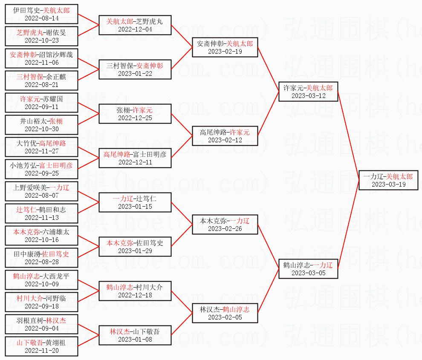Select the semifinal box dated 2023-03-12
click(x=308, y=91)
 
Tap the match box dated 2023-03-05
click(x=308, y=268)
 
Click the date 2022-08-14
click(x=42, y=18)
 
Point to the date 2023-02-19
click(x=225, y=52)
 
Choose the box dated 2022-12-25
click(x=135, y=114)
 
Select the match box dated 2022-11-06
click(x=42, y=58)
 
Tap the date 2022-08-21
click(x=42, y=85)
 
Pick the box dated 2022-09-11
click(x=42, y=103)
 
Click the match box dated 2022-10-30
click(x=42, y=125)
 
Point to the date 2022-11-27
click(x=42, y=151)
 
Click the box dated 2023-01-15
click(x=135, y=202)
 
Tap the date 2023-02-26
click(x=225, y=229)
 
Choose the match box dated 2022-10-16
click(x=42, y=236)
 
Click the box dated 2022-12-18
click(x=135, y=291)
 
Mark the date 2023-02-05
click(x=225, y=317)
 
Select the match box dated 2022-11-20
click(x=42, y=346)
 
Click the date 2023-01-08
click(x=135, y=340)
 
